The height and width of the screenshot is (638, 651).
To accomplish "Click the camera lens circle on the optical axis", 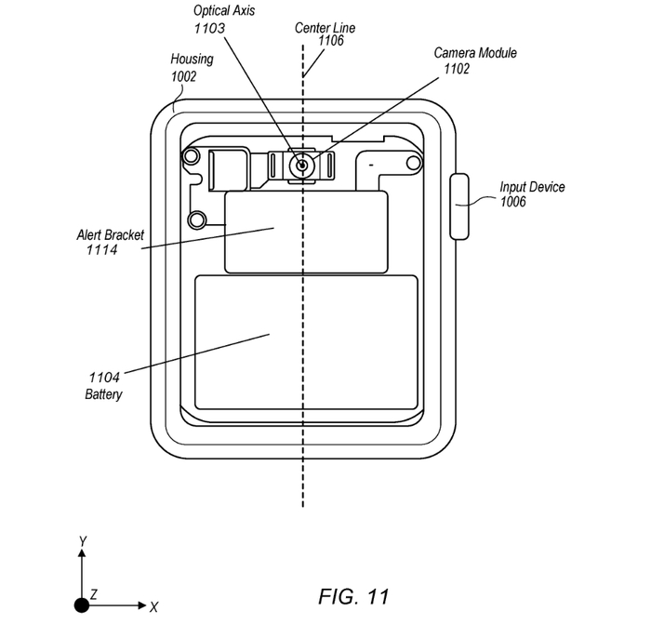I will tap(300, 166).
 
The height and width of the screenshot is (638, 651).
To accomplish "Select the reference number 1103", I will tap(210, 29).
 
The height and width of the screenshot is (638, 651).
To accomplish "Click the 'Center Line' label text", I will tap(325, 27).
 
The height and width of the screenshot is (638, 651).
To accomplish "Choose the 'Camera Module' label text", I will tap(474, 52).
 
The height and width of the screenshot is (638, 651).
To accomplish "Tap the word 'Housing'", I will tap(192, 60).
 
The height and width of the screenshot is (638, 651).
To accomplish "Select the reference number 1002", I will tap(183, 76).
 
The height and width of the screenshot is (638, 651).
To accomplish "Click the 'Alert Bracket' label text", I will tap(110, 235).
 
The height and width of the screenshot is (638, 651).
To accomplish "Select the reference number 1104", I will tap(104, 378).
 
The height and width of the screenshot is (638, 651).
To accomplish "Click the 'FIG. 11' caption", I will tap(353, 595).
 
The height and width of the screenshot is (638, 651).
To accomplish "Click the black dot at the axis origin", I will tap(83, 605).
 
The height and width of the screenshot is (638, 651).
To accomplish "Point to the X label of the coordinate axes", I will tap(153, 606).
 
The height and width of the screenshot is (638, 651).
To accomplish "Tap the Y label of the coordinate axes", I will tap(83, 540).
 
